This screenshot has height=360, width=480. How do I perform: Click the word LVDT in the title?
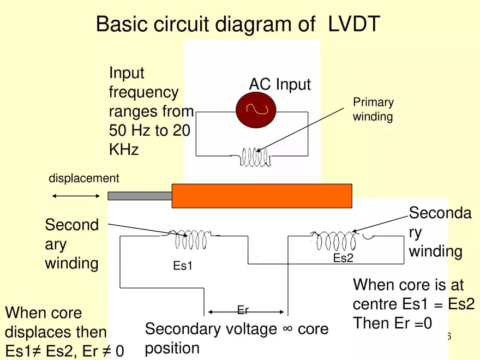(354, 25)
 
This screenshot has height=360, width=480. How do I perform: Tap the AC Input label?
(280, 85)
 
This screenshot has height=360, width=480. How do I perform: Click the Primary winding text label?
(373, 110)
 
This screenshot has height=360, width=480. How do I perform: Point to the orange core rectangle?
(262, 196)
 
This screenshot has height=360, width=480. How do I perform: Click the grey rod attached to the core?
(140, 196)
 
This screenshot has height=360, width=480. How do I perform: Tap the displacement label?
(83, 178)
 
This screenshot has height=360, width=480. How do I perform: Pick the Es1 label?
(183, 266)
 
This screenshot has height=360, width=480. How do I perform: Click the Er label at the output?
(243, 310)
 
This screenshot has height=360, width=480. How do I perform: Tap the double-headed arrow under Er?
(245, 313)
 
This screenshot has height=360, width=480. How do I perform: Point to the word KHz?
(124, 149)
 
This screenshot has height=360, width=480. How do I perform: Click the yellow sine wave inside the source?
(256, 109)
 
